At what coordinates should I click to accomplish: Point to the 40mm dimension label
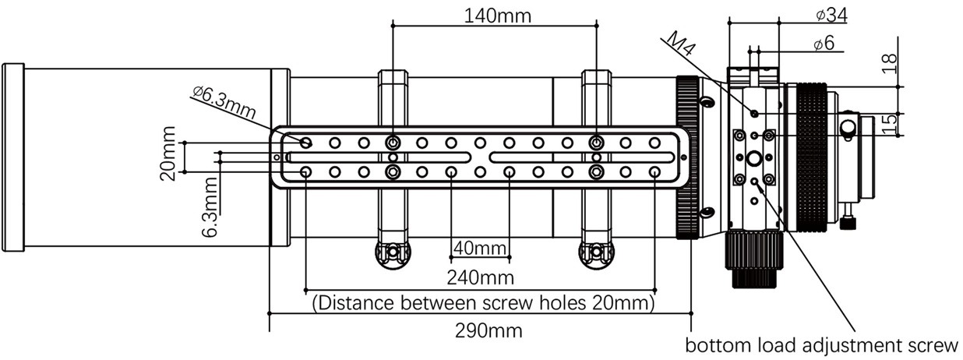[480, 248]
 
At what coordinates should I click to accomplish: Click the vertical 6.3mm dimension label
[208, 206]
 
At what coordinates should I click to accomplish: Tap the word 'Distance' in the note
[352, 302]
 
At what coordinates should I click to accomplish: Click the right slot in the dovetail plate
[584, 157]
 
